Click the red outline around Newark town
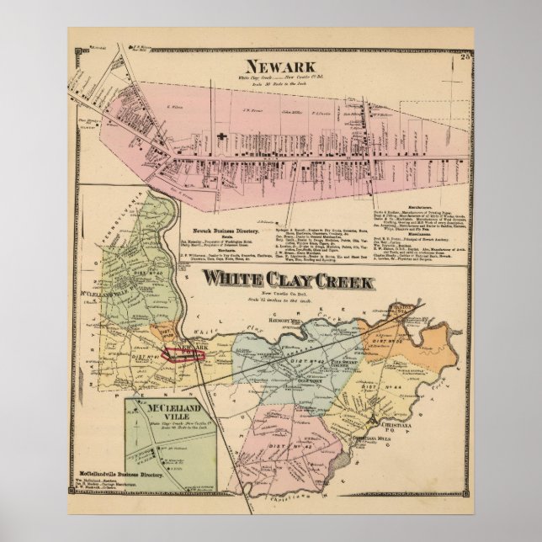point(183,353)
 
